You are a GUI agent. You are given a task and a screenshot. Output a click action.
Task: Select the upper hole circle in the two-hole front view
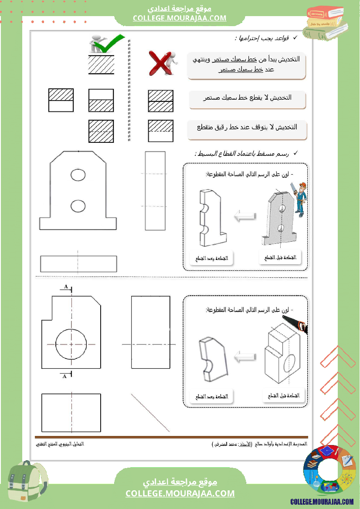coord(78,175)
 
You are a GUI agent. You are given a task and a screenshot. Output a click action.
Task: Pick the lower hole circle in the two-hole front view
coord(78,206)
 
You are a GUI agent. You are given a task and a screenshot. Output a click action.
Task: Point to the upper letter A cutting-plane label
coord(66,287)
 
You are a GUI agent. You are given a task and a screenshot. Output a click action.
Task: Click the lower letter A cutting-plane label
coord(65,375)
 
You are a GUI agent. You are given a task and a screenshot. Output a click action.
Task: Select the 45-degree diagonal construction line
coord(150,412)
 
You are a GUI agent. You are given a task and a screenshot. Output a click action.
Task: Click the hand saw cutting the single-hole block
coord(295,325)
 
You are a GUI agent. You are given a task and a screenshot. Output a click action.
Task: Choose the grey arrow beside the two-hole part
coord(245,216)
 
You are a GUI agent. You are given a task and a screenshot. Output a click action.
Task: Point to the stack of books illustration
coord(325,22)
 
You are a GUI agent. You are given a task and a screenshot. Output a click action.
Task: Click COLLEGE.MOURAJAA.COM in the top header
coord(180,18)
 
